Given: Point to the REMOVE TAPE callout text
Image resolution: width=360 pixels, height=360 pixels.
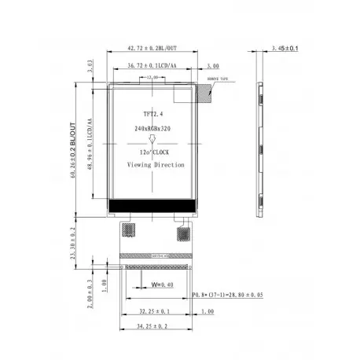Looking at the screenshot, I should click(217, 79).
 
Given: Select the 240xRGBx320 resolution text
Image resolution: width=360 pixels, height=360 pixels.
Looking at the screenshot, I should click(152, 126).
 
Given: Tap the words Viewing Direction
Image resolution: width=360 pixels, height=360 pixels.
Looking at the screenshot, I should click(156, 165).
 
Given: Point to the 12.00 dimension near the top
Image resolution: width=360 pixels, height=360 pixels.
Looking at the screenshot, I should click(152, 78).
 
